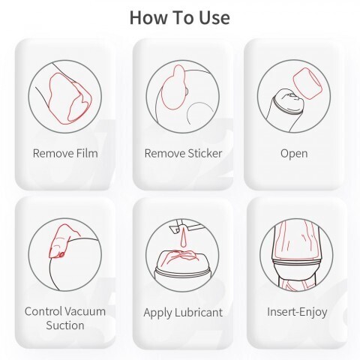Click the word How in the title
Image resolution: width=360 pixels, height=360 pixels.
(x=148, y=18)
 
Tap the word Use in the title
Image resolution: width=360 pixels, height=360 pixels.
(x=214, y=18)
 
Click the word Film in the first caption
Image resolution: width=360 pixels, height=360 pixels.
(x=87, y=153)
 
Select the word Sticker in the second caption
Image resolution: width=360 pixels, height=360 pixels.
(x=205, y=153)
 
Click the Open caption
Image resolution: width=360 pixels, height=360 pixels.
(x=294, y=154)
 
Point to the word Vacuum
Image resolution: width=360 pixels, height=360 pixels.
(x=85, y=311)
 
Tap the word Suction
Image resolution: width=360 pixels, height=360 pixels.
(x=65, y=325)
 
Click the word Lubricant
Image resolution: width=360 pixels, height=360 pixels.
(x=199, y=313)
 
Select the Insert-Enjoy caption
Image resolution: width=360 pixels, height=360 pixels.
(x=297, y=312)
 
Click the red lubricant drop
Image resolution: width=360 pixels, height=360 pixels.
(x=183, y=238)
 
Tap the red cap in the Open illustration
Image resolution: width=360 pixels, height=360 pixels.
(x=307, y=84)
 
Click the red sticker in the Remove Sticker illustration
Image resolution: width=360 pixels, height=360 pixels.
(x=174, y=88)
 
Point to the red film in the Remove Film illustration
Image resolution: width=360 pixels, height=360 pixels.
(x=70, y=99)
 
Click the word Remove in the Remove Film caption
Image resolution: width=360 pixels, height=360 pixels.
(x=53, y=153)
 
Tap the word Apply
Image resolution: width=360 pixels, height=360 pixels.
(x=158, y=313)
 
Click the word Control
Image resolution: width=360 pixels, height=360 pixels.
(x=43, y=311)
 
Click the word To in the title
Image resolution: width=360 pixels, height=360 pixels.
(x=183, y=18)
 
